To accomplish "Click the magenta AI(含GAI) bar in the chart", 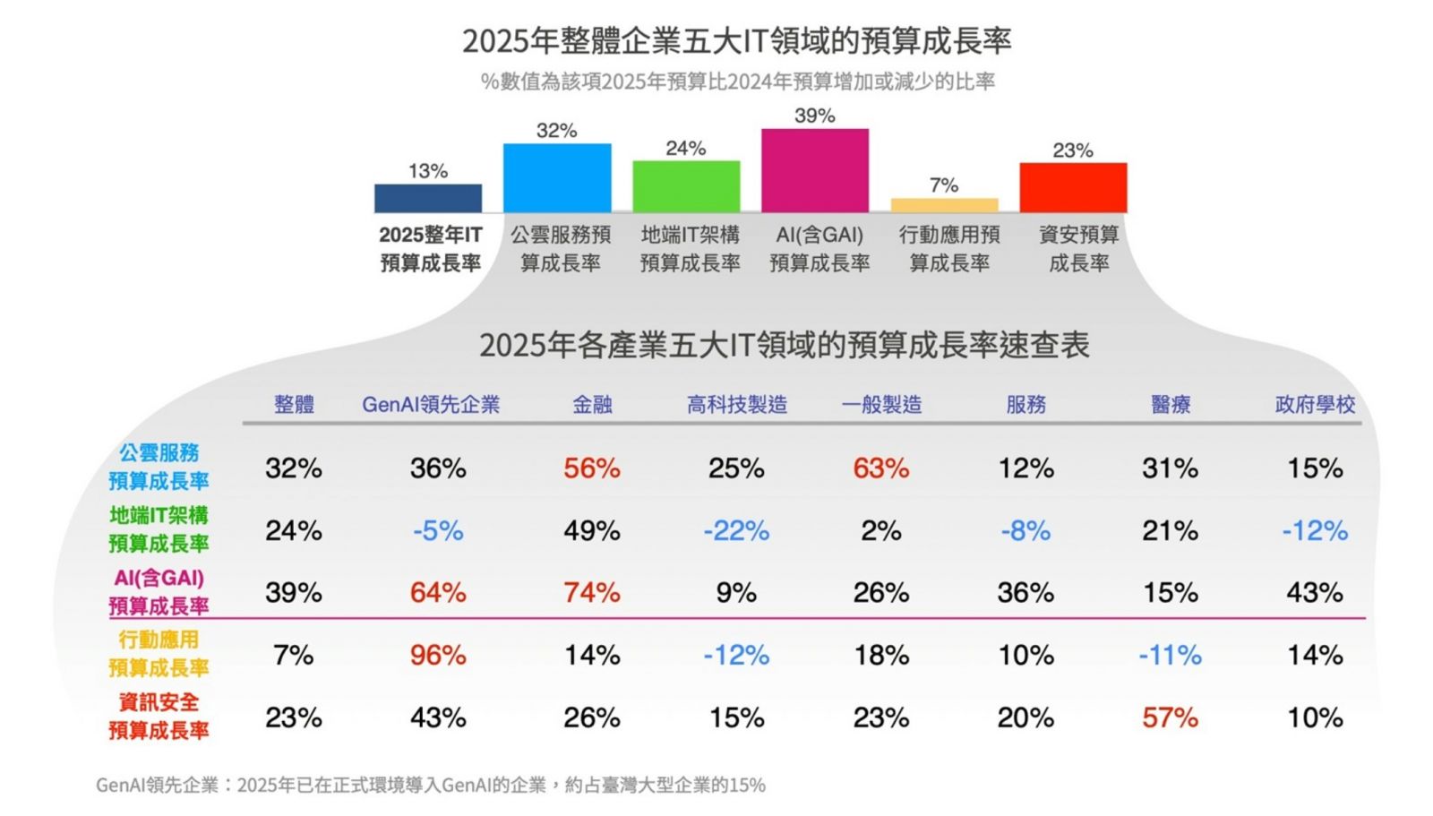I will coord(814,170).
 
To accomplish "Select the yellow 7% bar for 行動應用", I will coord(944,205).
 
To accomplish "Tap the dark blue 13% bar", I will coord(427,198).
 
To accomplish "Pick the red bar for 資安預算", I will coord(1073,187).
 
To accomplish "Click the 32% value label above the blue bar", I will coord(556,131).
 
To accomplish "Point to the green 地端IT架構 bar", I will coord(686,186).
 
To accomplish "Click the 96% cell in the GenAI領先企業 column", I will coord(438,656).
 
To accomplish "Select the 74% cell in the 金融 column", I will coord(591,593).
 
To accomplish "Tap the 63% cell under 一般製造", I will coord(880,468).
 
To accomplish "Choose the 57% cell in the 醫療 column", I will coord(1170,717).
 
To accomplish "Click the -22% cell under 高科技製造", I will coord(736,531).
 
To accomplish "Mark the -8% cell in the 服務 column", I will coord(1025,531).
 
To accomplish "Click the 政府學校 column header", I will coord(1315,405).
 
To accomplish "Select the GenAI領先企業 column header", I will coord(431,405).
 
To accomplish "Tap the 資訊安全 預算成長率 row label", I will coord(159,717).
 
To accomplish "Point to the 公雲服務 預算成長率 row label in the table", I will coord(159,467).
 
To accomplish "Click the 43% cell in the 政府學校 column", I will coord(1315,593).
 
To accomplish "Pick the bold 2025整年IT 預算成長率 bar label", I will coord(430,249).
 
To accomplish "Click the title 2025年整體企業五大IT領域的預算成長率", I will coord(736,41).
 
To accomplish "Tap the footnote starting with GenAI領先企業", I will coord(431,786).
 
